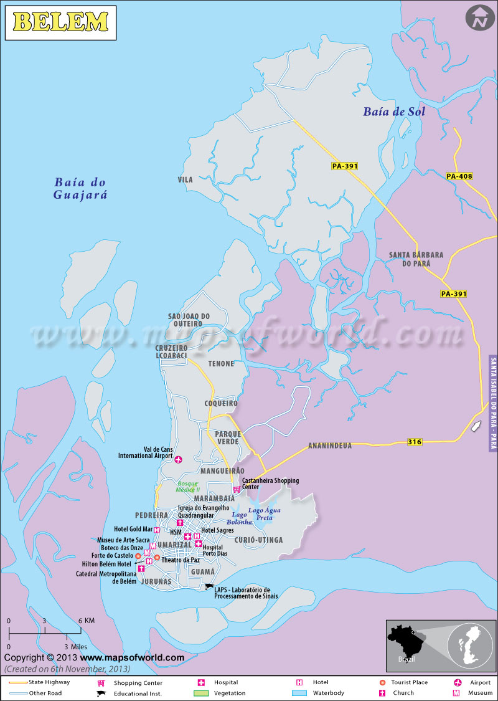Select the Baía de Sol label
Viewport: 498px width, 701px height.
click(394, 112)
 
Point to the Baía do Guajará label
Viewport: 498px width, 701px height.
click(80, 188)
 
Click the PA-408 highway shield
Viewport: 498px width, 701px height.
click(459, 176)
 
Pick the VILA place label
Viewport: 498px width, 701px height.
click(185, 179)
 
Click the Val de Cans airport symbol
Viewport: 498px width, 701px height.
click(179, 460)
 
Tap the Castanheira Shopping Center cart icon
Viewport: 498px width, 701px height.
click(237, 489)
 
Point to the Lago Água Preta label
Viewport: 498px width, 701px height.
click(265, 514)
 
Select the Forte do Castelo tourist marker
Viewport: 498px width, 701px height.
click(138, 556)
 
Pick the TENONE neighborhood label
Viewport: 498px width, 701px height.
click(221, 363)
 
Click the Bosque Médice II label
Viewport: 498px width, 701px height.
click(189, 486)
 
